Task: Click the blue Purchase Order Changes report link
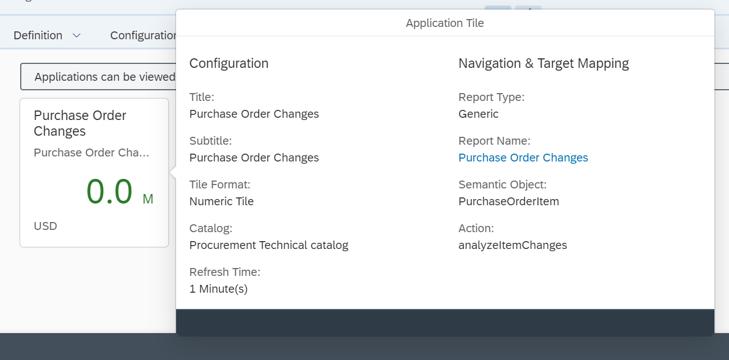523,158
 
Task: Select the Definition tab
38,35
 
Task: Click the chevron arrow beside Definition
77,35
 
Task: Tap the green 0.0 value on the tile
109,191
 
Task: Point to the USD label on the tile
45,226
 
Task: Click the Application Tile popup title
445,23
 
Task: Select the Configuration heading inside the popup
229,63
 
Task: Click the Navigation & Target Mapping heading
543,63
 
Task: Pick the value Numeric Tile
222,201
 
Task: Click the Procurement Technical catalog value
269,245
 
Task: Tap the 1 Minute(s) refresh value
218,289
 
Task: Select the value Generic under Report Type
478,114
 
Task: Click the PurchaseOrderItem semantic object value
509,201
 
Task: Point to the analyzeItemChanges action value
513,245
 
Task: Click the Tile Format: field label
220,184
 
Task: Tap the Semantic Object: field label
502,184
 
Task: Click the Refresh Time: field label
225,272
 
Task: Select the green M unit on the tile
148,199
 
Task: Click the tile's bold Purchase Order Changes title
80,123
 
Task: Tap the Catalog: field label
211,228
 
